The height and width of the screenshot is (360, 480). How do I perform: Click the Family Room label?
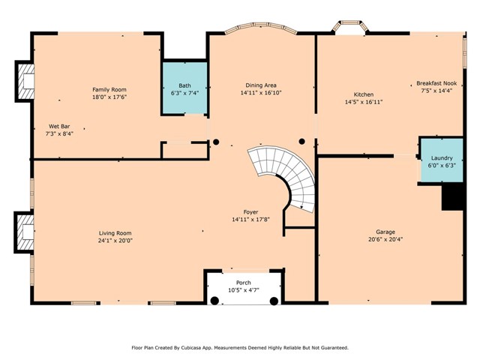pyautogui.click(x=109, y=89)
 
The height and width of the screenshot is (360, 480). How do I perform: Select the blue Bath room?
pyautogui.click(x=185, y=88)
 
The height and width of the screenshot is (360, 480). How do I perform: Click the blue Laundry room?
pyautogui.click(x=441, y=161)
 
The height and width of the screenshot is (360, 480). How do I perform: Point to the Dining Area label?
pyautogui.click(x=260, y=85)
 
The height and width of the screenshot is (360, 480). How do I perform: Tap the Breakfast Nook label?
pyautogui.click(x=438, y=84)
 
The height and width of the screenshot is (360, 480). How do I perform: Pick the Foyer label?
pyautogui.click(x=250, y=211)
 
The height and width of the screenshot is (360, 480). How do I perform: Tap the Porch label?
pyautogui.click(x=243, y=281)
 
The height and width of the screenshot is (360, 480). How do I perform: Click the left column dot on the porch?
pyautogui.click(x=214, y=300)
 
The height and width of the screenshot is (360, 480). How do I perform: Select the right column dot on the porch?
pyautogui.click(x=275, y=300)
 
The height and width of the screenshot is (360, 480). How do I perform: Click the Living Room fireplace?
pyautogui.click(x=25, y=234)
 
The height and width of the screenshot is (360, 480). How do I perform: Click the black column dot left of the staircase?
pyautogui.click(x=216, y=141)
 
